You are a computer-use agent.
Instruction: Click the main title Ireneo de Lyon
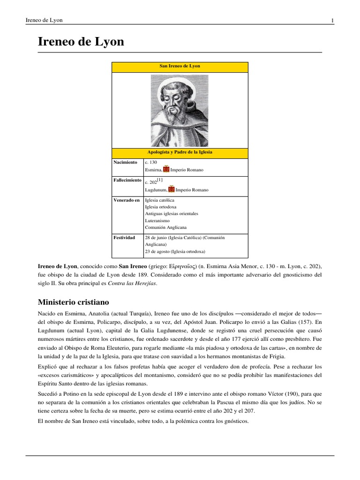[81, 42]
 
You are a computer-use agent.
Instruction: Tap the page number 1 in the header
[332, 20]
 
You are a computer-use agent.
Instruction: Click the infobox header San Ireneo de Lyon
[180, 66]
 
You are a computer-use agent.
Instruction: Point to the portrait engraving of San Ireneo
[180, 111]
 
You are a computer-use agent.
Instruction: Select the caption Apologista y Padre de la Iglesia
[180, 152]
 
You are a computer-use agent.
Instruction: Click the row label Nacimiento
[125, 162]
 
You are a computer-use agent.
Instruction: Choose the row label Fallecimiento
[127, 180]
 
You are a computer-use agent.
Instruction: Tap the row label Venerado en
[127, 200]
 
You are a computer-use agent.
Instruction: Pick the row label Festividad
[125, 238]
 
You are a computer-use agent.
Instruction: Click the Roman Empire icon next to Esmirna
[166, 169]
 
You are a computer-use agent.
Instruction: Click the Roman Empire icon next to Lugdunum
[171, 189]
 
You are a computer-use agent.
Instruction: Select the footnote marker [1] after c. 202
[160, 180]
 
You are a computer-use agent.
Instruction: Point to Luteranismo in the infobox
[157, 220]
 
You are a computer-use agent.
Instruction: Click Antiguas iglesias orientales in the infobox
[172, 213]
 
